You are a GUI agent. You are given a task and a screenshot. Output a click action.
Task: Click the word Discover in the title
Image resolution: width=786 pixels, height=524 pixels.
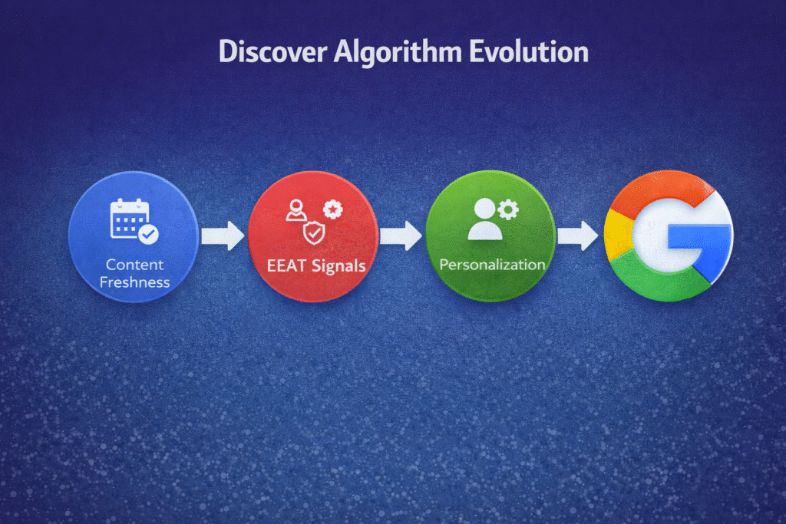tap(272, 51)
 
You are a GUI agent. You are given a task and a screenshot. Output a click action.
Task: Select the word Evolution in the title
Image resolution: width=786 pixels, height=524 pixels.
tap(529, 51)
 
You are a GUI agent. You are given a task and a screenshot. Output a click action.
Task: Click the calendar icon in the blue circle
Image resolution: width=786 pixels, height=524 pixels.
tap(129, 219)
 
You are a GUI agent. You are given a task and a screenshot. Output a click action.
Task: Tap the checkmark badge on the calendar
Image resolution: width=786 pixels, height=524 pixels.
tap(148, 234)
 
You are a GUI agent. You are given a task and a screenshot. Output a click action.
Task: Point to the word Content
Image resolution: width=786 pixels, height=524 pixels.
tap(134, 265)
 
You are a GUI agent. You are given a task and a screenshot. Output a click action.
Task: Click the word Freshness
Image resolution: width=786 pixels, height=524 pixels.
tap(134, 282)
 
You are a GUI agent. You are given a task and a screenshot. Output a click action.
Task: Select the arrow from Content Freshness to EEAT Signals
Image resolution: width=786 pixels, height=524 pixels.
tap(223, 236)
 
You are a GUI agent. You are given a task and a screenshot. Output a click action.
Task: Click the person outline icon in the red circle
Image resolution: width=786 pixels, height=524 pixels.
tap(296, 210)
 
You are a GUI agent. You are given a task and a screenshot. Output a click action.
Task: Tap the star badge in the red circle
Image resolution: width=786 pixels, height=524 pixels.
tap(333, 209)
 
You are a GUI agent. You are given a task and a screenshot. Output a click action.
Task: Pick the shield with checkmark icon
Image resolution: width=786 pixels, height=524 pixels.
tap(314, 233)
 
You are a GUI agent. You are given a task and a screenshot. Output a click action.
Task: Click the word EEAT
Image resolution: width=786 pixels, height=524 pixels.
tap(286, 265)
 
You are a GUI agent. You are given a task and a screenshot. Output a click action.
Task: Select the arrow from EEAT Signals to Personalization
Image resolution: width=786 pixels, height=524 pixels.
tap(401, 236)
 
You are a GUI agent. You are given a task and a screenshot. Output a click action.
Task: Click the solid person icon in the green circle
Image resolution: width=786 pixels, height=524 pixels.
tap(485, 219)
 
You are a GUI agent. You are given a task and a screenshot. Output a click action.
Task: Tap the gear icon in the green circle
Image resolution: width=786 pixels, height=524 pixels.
tap(508, 209)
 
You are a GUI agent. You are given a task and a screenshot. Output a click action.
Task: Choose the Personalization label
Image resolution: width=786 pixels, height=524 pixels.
tap(492, 265)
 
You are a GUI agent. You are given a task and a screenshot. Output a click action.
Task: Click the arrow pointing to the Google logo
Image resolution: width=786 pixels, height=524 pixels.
tap(577, 236)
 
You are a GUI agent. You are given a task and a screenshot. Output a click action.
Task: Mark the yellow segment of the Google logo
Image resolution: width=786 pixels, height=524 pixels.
tap(619, 235)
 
